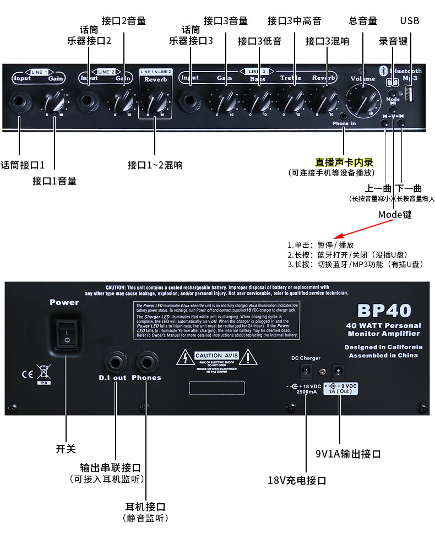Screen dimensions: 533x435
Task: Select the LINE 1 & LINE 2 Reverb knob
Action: click(154, 101)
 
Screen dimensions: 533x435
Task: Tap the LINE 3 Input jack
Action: click(191, 101)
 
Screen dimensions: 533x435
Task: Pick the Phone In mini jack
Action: click(344, 115)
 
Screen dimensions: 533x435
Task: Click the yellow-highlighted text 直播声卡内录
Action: click(344, 162)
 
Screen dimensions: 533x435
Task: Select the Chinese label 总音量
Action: click(363, 21)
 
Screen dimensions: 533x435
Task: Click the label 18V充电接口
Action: click(297, 480)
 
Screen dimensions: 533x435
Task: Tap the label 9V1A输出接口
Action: click(348, 454)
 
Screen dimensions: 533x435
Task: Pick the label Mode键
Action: click(395, 214)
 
